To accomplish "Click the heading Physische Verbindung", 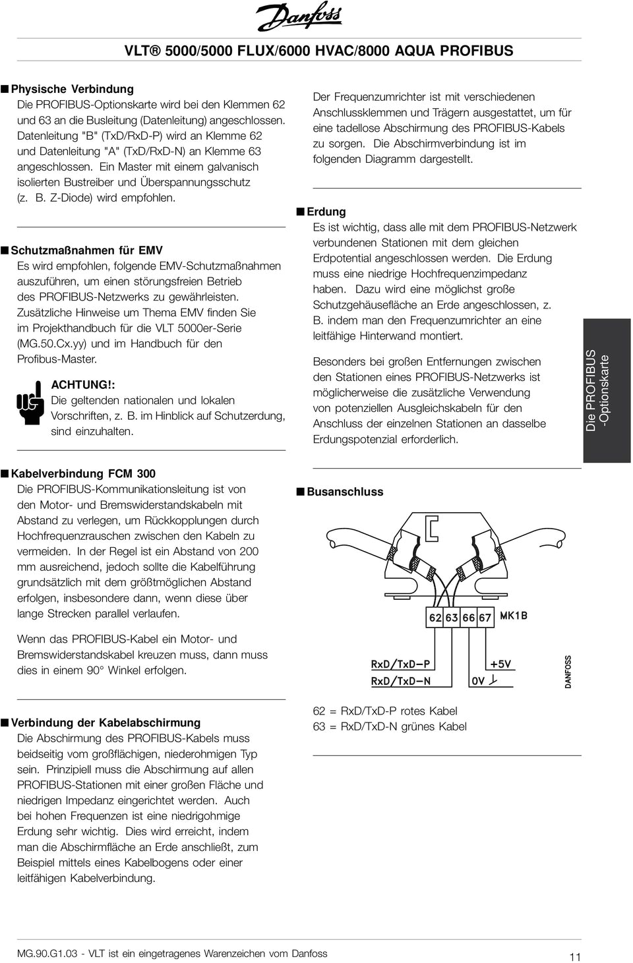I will [x=73, y=88].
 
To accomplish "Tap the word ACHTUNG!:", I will [x=78, y=384].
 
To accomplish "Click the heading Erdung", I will [x=326, y=212].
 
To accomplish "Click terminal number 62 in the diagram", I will [x=435, y=618].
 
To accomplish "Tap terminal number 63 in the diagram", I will [x=452, y=618].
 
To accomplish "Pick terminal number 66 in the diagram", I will [x=469, y=618].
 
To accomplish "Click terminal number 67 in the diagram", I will [x=485, y=618].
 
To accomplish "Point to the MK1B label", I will [x=514, y=616].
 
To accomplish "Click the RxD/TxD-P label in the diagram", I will [x=400, y=664].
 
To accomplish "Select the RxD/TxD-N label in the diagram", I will [x=400, y=681].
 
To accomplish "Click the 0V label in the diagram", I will [x=478, y=681].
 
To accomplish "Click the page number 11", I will [x=574, y=956].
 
